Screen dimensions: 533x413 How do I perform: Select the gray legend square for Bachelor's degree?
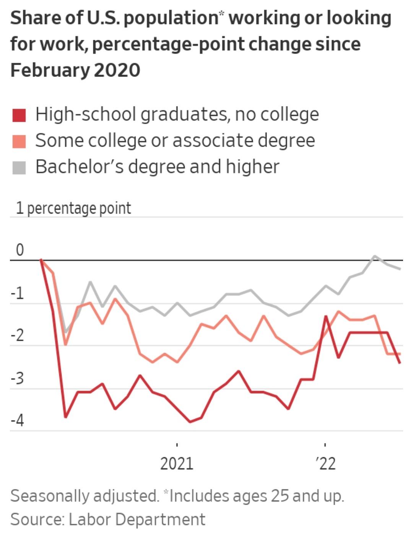click(19, 167)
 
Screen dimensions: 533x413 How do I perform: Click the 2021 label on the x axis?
click(177, 464)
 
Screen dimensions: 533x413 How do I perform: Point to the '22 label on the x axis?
click(326, 464)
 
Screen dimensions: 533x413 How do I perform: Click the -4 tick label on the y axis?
click(17, 421)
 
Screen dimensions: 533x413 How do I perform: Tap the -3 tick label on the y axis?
click(17, 379)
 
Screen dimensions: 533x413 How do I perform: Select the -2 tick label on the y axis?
click(17, 336)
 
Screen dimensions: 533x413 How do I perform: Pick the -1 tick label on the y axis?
click(17, 294)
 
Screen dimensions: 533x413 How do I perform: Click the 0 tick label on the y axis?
click(20, 250)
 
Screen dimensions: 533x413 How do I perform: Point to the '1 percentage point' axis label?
click(73, 208)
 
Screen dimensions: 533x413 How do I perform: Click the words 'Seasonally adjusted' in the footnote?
click(84, 496)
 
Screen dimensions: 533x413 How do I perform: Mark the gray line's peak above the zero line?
click(375, 256)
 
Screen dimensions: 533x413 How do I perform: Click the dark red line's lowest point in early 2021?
click(190, 422)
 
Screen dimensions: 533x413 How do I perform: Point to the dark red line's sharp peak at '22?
click(326, 316)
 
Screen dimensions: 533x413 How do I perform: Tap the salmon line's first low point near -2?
click(65, 345)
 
